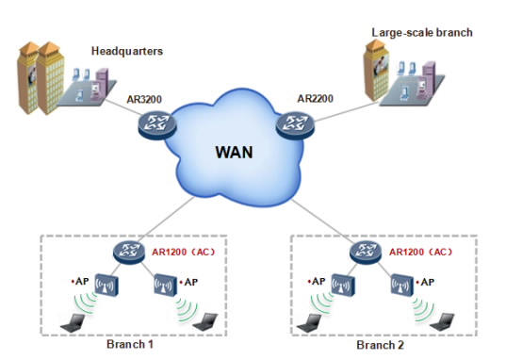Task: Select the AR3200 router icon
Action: tap(153, 123)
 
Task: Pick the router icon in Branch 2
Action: tap(364, 252)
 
